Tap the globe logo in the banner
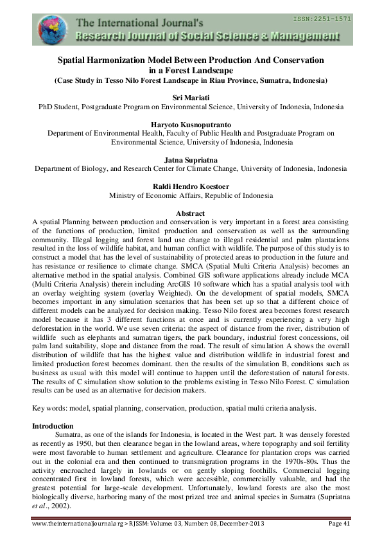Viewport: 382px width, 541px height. click(51, 30)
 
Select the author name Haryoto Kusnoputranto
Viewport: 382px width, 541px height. click(191, 123)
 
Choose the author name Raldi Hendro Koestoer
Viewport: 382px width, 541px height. click(191, 185)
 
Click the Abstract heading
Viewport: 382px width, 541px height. click(190, 213)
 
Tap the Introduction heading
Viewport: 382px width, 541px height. click(53, 426)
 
